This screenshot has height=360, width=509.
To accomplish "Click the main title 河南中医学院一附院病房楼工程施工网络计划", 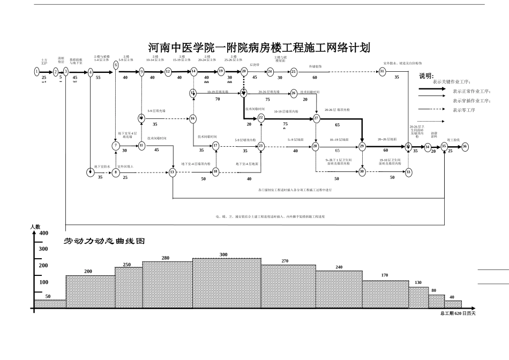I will [258, 48].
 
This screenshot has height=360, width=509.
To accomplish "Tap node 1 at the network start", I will [36, 71].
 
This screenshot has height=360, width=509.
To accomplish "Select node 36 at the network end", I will [465, 146].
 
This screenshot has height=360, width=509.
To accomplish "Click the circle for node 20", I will [244, 71].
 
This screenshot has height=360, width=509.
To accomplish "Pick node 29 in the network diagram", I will [362, 146].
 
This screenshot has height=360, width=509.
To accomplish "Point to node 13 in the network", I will [173, 172].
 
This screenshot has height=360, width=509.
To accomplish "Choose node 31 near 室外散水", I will [383, 71].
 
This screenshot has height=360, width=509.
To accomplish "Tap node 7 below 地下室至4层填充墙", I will [116, 145].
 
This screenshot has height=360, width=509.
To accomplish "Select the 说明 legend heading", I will [426, 76].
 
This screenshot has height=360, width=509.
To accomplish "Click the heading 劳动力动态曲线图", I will [104, 241].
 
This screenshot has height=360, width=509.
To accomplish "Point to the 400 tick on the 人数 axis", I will [43, 233].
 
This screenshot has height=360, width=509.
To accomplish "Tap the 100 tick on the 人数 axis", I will [43, 282].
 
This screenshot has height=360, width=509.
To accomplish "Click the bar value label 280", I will [166, 258].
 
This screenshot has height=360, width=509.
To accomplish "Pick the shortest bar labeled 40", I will [452, 304].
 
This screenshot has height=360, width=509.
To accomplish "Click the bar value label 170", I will [384, 275].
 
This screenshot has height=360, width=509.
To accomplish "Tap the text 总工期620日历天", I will [458, 313].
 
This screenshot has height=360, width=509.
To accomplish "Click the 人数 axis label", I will [35, 227].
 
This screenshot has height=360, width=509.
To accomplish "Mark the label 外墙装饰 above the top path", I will [315, 66].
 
